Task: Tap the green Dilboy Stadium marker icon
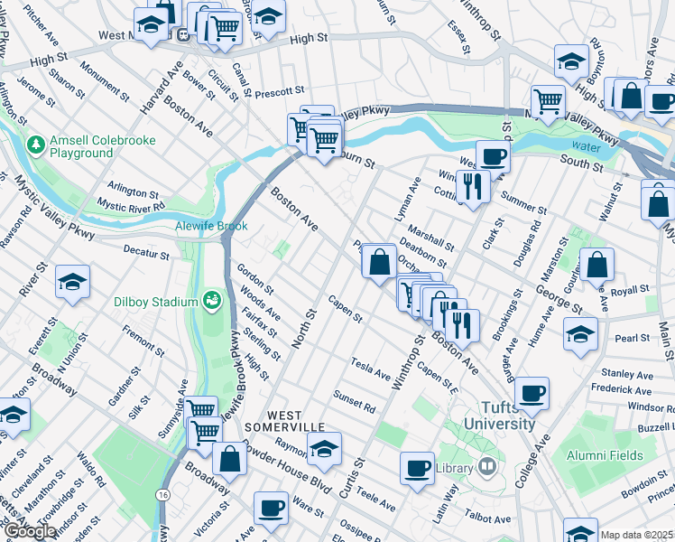213,300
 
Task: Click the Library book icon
487,467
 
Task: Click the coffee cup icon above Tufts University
532,393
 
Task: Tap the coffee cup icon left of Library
417,469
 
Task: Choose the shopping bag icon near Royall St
596,265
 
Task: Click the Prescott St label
279,91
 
